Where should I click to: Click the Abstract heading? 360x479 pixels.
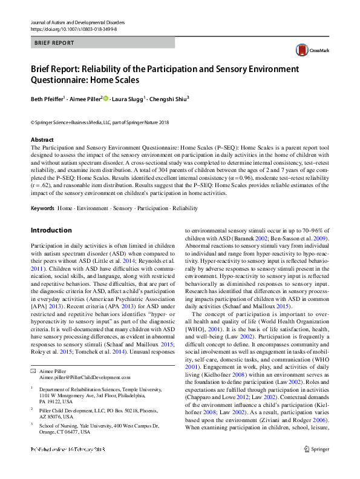pos(43,140)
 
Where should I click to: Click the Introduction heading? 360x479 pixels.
pos(51,231)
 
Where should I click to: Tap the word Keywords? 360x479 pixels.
pos(42,208)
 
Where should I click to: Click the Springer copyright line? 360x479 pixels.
pos(100,123)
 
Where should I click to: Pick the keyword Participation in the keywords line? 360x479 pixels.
pos(152,208)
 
